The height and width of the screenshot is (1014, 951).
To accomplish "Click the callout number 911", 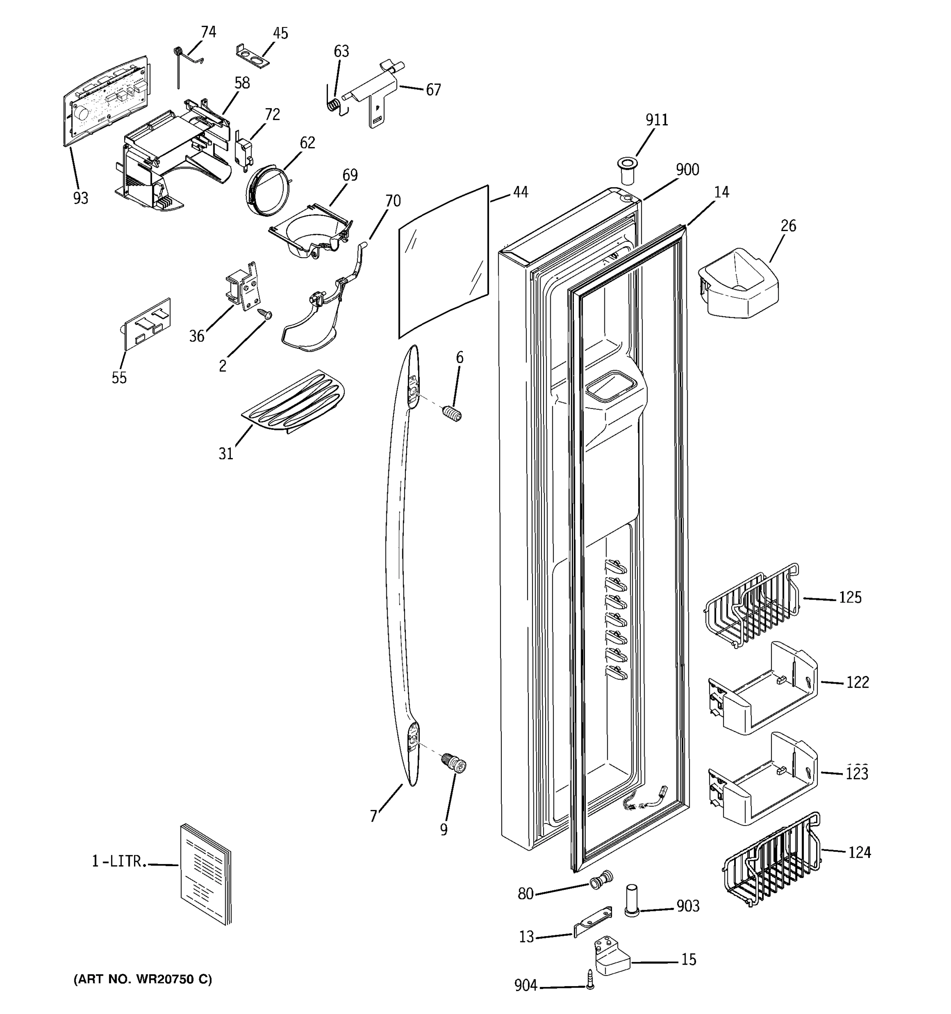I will [657, 120].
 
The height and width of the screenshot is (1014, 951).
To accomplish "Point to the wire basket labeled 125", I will [752, 605].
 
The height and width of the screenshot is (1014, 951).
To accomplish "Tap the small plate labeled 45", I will [253, 57].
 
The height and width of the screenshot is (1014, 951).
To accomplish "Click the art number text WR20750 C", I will [143, 979].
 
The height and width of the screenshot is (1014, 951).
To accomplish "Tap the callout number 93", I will [81, 198].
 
